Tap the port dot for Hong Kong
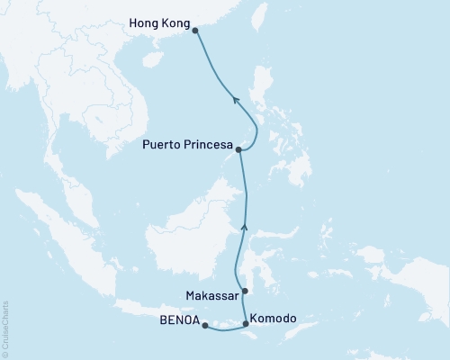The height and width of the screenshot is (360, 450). click(x=196, y=29)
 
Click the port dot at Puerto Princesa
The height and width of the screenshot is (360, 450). click(x=238, y=150)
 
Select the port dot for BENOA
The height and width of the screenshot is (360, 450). click(x=204, y=326)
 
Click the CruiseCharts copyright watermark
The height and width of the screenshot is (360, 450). click(x=5, y=328)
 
